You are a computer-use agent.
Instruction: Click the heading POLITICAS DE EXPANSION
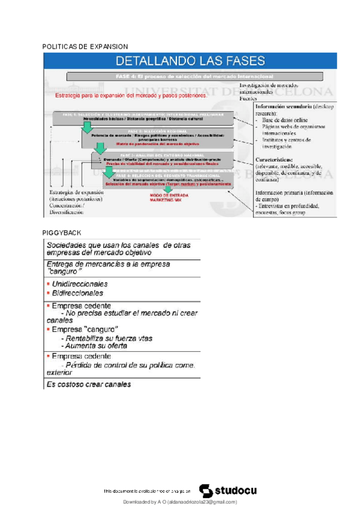coord(85,46)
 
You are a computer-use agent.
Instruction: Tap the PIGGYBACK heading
coord(62,232)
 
